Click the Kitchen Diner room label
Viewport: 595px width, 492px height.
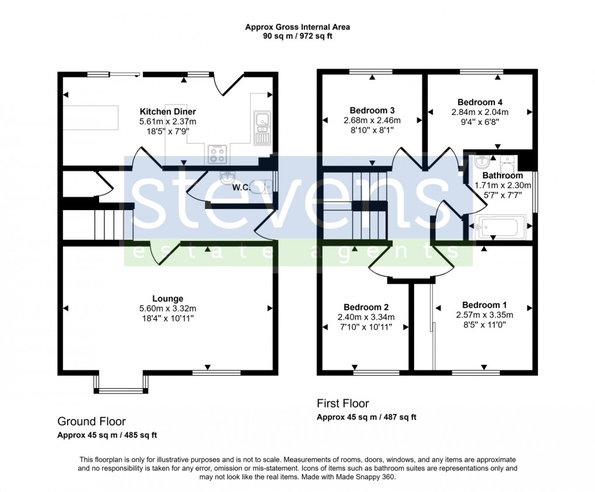click(167, 111)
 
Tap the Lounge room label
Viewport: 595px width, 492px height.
click(167, 298)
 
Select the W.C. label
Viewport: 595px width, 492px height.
click(242, 188)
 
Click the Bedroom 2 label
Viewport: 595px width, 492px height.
click(366, 307)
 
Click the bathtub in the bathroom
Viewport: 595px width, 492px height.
click(501, 226)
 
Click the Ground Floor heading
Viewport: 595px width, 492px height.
click(91, 421)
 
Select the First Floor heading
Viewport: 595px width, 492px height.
click(342, 403)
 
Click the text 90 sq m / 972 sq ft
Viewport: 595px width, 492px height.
click(298, 36)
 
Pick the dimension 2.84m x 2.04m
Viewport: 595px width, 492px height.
click(480, 112)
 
